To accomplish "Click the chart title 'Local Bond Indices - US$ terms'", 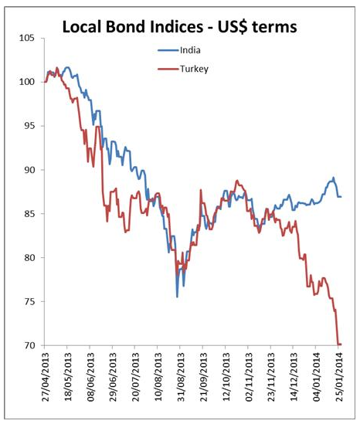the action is coord(179,27).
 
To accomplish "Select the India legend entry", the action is coord(179,50).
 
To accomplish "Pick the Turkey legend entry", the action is coord(183,69).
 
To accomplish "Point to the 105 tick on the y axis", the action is coord(26,38).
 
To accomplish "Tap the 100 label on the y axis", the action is coord(26,82).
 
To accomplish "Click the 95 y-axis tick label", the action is coord(29,126).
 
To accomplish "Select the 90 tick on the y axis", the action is coord(29,170).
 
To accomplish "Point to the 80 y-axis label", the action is coord(29,257).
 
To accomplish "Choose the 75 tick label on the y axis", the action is coord(29,301).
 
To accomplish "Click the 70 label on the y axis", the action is coord(29,345).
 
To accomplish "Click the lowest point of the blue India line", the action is coord(177,297).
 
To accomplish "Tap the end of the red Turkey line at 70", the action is coord(341,344).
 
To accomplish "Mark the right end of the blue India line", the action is coord(341,197).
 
